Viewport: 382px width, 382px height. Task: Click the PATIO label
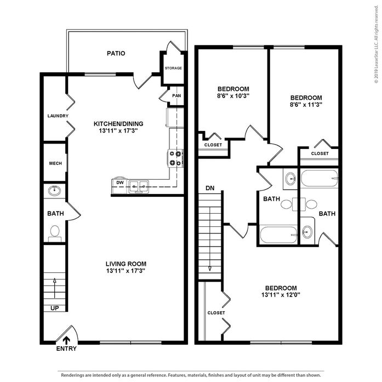pos(116,53)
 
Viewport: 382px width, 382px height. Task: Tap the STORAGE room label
pos(173,68)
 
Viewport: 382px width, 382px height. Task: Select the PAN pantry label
pos(176,96)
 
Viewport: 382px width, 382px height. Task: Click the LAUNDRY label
pos(58,116)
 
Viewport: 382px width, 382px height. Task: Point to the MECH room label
pos(55,163)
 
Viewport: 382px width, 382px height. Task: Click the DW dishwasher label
pos(120,183)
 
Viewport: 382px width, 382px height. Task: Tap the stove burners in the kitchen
pos(175,158)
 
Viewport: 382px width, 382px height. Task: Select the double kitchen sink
pos(139,186)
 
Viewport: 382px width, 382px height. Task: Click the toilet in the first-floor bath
pos(55,233)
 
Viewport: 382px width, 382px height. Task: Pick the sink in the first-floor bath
pos(54,191)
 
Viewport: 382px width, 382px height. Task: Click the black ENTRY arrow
pos(66,340)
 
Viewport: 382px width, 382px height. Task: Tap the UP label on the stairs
pos(55,308)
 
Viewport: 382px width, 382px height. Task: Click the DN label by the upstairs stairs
pos(210,188)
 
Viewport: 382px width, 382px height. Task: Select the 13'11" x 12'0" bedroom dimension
pos(281,295)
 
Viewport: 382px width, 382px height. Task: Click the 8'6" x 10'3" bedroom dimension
pos(233,96)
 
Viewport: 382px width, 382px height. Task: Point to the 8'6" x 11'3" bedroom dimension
pos(306,105)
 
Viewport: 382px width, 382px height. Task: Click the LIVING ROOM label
pos(126,264)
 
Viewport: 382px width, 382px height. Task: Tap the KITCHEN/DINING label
pos(118,124)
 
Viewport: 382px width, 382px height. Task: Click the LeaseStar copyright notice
pos(377,44)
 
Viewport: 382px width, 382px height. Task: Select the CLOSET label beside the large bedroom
pos(216,313)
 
